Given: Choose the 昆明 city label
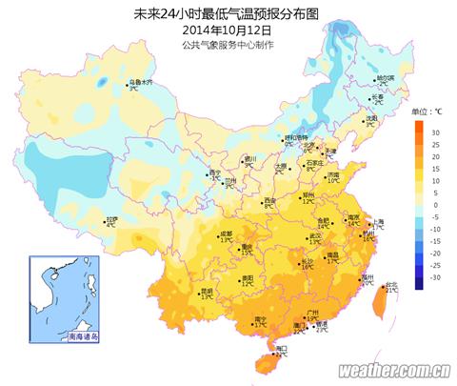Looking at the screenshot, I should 206,290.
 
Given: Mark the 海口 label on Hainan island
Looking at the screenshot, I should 281,350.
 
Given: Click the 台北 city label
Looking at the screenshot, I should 391,284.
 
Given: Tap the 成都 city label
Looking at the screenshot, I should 226,233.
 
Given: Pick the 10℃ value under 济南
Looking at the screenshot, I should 333,181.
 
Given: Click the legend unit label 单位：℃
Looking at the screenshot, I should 427,112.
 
